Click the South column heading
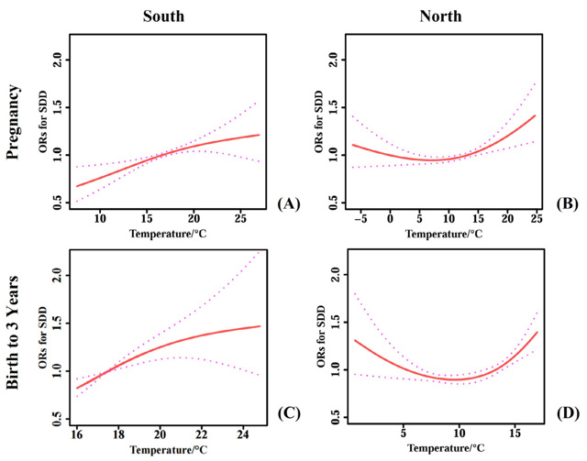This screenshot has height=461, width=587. pos(165,16)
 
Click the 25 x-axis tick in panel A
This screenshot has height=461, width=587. pos(239,217)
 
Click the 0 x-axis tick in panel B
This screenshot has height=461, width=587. pos(390,217)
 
